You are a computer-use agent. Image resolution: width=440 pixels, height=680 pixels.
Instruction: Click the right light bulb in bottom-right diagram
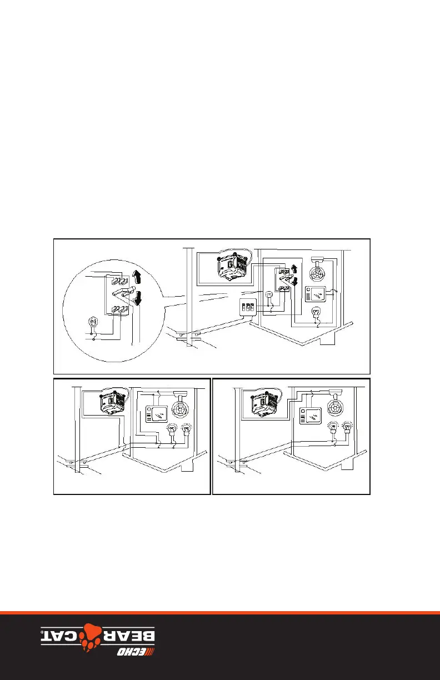pyautogui.click(x=347, y=427)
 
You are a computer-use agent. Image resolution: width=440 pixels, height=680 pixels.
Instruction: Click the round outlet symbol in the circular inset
pyautogui.click(x=94, y=321)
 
